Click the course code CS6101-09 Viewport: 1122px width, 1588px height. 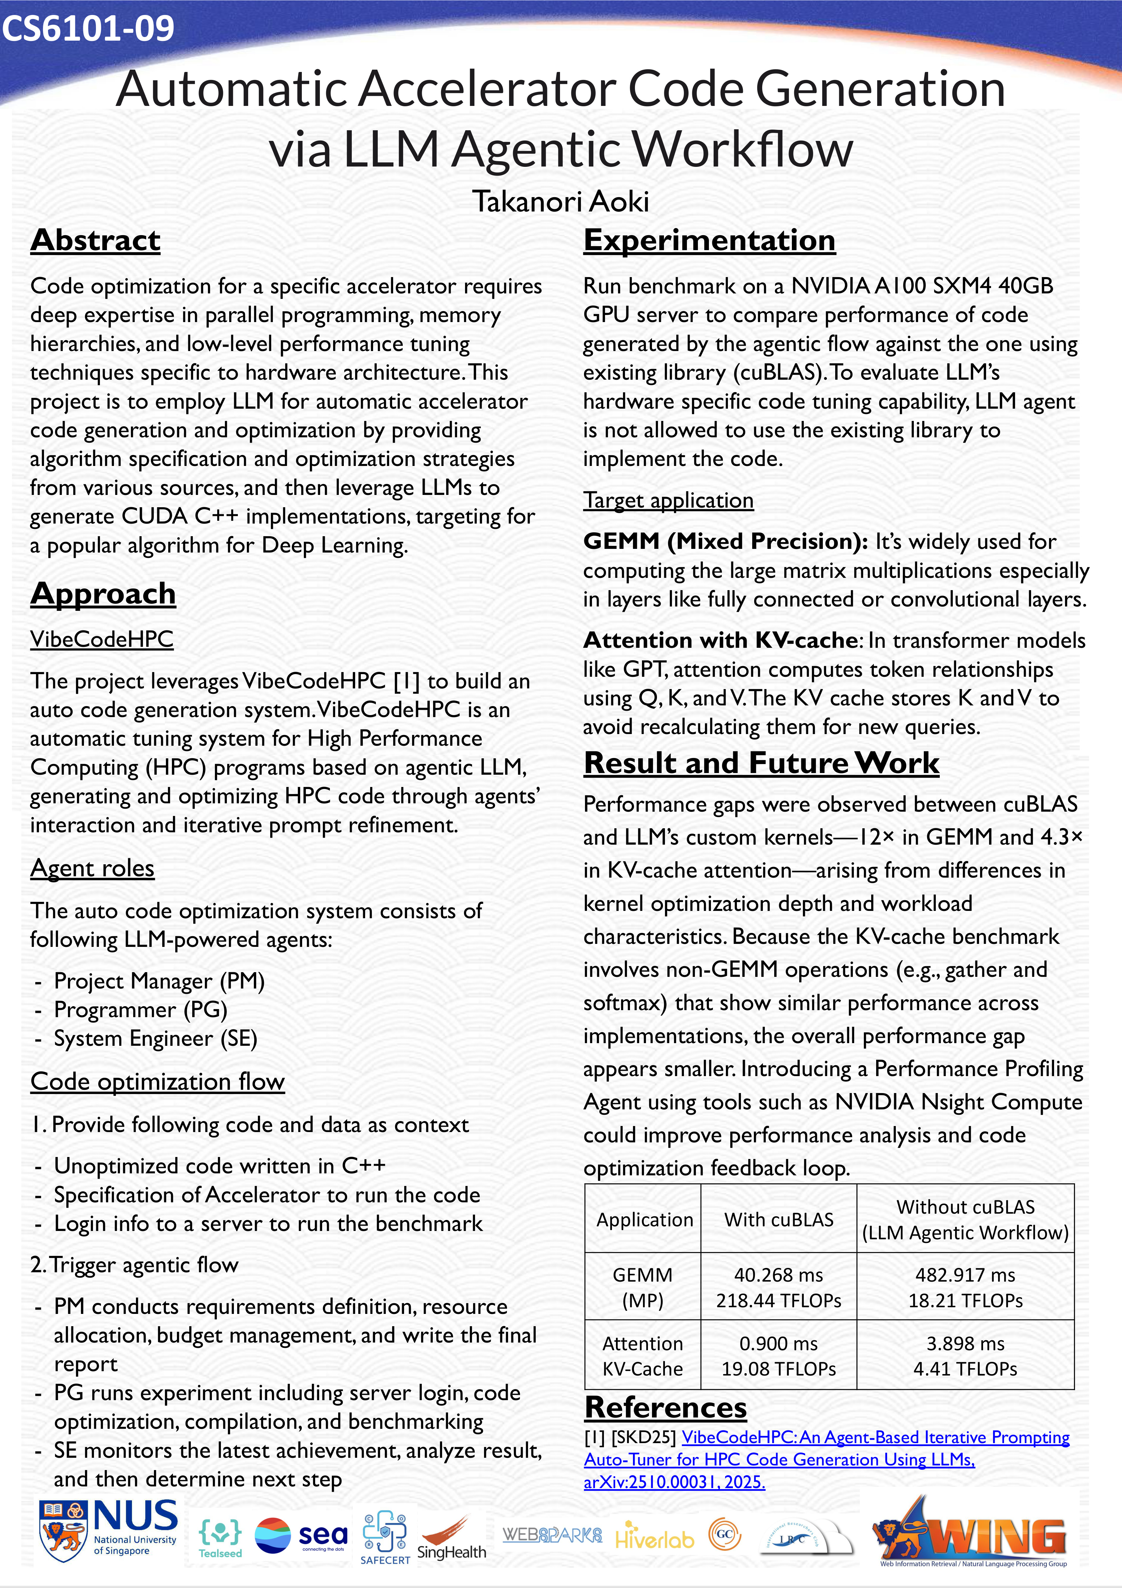point(88,28)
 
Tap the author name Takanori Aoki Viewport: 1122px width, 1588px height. point(560,201)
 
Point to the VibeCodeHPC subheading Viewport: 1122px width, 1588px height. point(102,639)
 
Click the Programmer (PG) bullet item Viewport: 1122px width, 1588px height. point(141,1010)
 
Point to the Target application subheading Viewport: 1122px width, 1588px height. point(668,500)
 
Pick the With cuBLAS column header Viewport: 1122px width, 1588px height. point(778,1220)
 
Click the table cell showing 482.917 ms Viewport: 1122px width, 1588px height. point(965,1275)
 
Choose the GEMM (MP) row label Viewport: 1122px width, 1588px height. point(643,1287)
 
